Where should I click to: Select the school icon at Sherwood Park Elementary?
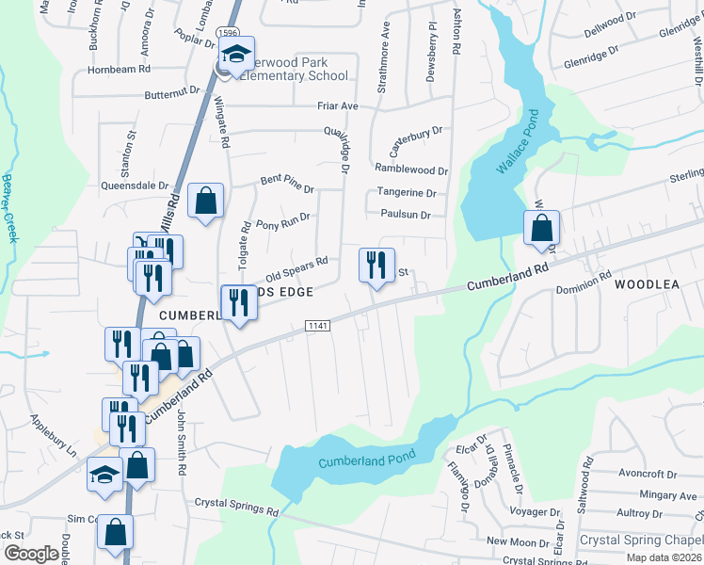point(239,54)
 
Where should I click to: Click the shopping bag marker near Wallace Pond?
point(542,228)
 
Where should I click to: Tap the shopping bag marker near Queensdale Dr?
point(205,201)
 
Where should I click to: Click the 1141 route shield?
point(316,325)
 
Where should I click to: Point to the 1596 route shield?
point(226,33)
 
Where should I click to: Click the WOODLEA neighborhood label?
point(647,283)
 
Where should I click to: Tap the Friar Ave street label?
point(337,106)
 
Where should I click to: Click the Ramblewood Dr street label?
point(411,170)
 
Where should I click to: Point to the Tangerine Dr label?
point(407,193)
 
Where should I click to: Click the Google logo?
point(31,554)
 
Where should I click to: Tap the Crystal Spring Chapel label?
point(639,541)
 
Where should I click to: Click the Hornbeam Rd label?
point(120,70)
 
